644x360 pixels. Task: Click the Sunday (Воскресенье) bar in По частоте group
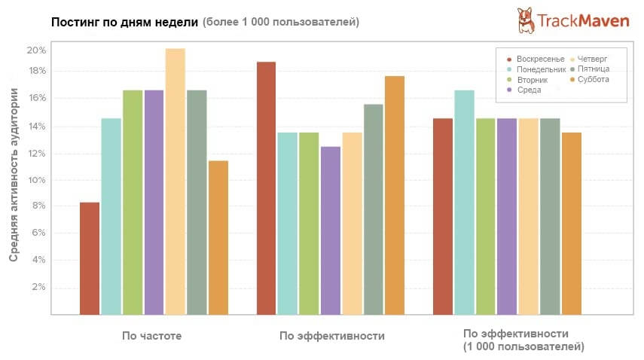tap(90, 258)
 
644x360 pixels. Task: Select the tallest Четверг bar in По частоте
tap(175, 182)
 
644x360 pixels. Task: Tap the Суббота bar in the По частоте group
tap(218, 237)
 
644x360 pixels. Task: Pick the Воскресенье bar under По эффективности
tap(267, 188)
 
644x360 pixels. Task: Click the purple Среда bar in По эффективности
tap(331, 230)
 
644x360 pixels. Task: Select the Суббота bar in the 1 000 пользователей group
tap(572, 223)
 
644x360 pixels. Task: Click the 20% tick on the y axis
tap(37, 50)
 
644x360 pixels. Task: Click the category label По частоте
tap(152, 336)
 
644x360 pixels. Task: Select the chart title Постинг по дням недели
tap(124, 22)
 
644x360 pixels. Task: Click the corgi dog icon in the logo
tap(526, 20)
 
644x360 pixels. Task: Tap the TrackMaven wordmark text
tap(583, 22)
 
